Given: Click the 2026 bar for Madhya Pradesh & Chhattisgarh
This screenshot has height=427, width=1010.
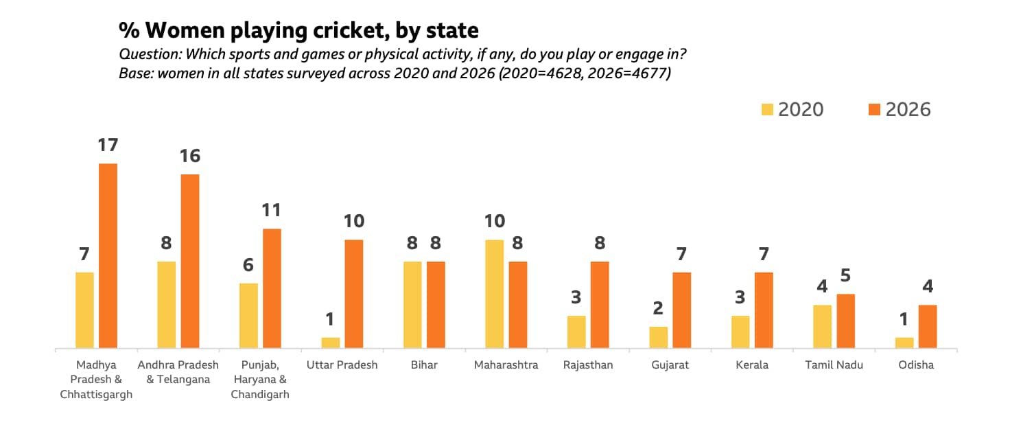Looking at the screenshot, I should click(x=108, y=256).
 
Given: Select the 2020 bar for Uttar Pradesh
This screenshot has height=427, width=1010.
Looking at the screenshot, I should click(x=331, y=343).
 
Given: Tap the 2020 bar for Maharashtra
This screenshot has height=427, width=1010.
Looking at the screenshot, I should click(x=495, y=295).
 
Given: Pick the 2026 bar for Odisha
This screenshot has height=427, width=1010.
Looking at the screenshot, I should click(x=928, y=327).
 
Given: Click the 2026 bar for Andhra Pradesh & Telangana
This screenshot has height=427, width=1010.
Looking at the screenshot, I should click(x=190, y=262).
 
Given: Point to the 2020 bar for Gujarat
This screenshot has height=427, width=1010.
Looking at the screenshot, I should click(x=659, y=338).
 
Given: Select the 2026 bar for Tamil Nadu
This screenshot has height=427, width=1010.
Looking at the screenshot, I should click(x=846, y=321).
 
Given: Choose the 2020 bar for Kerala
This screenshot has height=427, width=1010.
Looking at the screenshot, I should click(x=740, y=332).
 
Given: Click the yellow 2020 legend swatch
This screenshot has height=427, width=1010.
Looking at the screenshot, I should click(x=767, y=110).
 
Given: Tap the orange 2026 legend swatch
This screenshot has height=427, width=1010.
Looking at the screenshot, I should click(x=874, y=110).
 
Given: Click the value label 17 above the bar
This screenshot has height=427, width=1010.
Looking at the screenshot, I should click(x=108, y=146).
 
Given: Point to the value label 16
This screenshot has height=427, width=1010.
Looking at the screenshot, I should click(x=190, y=157).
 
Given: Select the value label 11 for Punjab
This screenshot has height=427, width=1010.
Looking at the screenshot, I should click(x=272, y=211).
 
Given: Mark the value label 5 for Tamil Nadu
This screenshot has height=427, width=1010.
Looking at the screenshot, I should click(x=846, y=276).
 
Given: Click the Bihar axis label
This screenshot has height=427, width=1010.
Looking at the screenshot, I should click(x=424, y=365).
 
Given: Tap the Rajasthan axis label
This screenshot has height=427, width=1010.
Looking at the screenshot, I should click(x=588, y=365).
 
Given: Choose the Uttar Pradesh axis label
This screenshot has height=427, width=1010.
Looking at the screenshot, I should click(x=342, y=365).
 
